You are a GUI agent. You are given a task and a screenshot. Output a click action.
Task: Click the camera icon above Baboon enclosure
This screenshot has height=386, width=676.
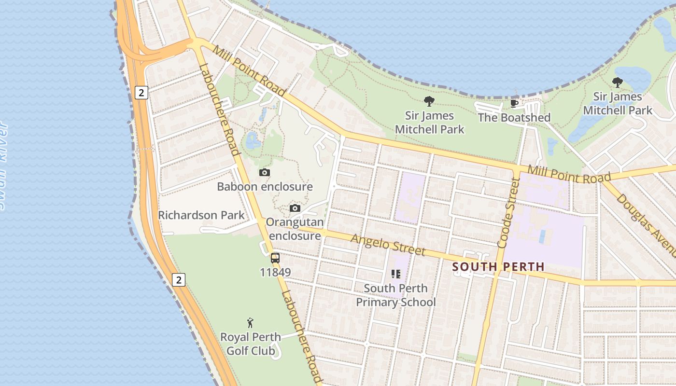pyautogui.click(x=264, y=172)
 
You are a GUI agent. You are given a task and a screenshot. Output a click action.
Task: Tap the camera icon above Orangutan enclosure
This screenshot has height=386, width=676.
pyautogui.click(x=295, y=208)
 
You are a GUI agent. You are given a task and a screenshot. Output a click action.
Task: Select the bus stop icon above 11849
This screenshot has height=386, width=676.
pyautogui.click(x=275, y=258)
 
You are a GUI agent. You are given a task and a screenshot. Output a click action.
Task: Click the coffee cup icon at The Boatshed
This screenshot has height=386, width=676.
pyautogui.click(x=514, y=103)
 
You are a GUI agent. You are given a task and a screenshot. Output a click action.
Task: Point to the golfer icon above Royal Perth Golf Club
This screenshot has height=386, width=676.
pyautogui.click(x=250, y=323)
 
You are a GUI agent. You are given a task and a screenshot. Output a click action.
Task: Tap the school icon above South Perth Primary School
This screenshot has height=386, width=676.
pyautogui.click(x=396, y=274)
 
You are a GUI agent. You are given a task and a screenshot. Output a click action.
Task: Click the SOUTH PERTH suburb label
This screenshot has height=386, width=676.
pyautogui.click(x=498, y=267)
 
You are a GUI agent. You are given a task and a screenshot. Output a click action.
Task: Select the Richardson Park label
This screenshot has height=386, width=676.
pyautogui.click(x=202, y=215)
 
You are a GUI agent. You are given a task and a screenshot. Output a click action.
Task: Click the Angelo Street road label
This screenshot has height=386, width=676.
pyautogui.click(x=388, y=245)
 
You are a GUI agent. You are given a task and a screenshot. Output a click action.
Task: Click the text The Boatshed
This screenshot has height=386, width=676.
pyautogui.click(x=514, y=118)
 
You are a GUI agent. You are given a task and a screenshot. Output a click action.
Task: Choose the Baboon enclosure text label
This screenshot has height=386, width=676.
pyautogui.click(x=265, y=187)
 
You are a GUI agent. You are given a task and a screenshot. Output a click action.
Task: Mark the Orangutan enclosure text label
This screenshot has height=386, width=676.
pyautogui.click(x=295, y=229)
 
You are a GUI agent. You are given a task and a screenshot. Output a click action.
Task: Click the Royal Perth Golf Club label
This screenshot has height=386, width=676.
pyautogui.click(x=251, y=344)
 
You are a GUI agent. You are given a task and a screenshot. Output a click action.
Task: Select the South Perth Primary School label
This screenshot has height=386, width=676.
pyautogui.click(x=396, y=295)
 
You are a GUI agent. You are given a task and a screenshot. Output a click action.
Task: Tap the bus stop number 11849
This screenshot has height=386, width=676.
pyautogui.click(x=275, y=273)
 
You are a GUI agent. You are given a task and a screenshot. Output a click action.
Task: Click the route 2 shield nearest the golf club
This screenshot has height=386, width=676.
pyautogui.click(x=179, y=279)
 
